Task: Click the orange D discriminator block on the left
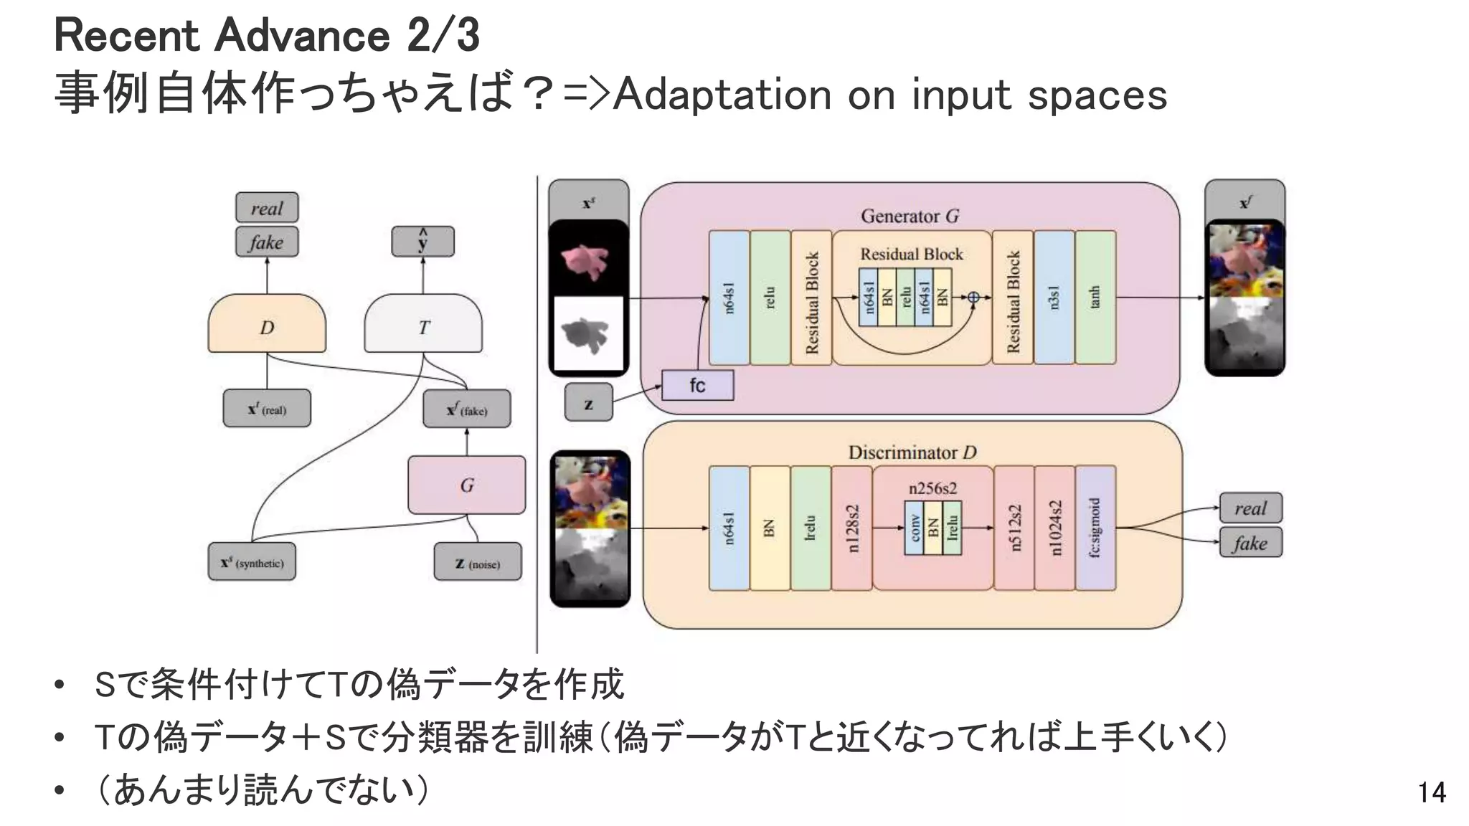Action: pos(267,324)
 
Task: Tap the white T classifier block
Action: pos(423,324)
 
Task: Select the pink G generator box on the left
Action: pos(466,485)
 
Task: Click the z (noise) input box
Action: pos(478,562)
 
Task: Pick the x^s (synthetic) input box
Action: pos(252,562)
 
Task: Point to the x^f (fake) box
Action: pos(467,409)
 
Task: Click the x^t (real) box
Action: pos(267,409)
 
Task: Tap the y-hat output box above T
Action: pos(422,242)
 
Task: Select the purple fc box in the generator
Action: pos(697,386)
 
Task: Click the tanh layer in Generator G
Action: pos(1095,297)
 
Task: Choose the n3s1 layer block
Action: pos(1054,297)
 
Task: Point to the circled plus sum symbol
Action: pos(973,298)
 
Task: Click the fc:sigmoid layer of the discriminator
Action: pos(1095,528)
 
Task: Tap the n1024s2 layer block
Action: pos(1054,528)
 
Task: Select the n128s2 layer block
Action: pos(852,528)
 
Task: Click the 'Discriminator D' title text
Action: pos(912,452)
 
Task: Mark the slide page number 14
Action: pos(1431,792)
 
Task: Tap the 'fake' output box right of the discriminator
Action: pos(1250,543)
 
